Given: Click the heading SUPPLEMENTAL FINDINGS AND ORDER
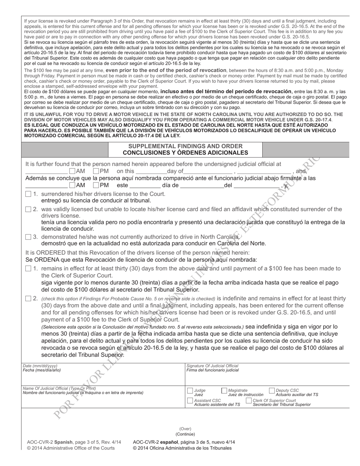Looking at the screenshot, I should click(185, 146).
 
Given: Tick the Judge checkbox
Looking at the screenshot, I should click(190, 391).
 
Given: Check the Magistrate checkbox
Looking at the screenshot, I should click(224, 391).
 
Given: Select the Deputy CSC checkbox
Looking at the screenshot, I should click(272, 391).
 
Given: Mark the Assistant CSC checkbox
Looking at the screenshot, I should click(190, 400).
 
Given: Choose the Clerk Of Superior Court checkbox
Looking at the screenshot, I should click(249, 400).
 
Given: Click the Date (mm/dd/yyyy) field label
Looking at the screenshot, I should click(35, 366).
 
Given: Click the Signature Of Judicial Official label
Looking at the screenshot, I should click(212, 366).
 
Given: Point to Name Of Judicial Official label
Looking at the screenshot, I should click(59, 388).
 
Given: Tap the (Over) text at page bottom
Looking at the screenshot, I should click(185, 429).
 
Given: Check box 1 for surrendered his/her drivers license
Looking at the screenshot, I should click(28, 194).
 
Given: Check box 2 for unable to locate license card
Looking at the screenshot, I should click(28, 209).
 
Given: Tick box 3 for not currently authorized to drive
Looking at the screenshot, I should click(28, 237).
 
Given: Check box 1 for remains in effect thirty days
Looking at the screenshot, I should click(28, 269).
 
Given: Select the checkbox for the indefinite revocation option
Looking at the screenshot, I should click(28, 299).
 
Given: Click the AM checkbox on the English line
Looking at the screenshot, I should click(73, 171).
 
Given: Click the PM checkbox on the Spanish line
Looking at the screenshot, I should click(96, 185).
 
